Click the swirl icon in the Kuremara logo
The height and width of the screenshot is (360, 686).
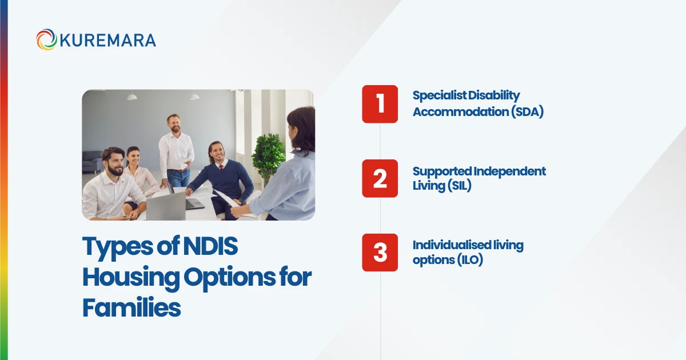[x=46, y=40]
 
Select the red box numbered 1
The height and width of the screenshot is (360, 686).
[x=380, y=104]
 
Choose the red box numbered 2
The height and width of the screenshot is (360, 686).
[x=380, y=178]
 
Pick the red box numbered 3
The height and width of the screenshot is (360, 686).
[x=380, y=253]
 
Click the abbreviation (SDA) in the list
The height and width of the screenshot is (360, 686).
[x=527, y=112]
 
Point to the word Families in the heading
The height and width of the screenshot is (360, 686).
[x=131, y=307]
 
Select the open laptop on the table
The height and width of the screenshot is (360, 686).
[x=166, y=206]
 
